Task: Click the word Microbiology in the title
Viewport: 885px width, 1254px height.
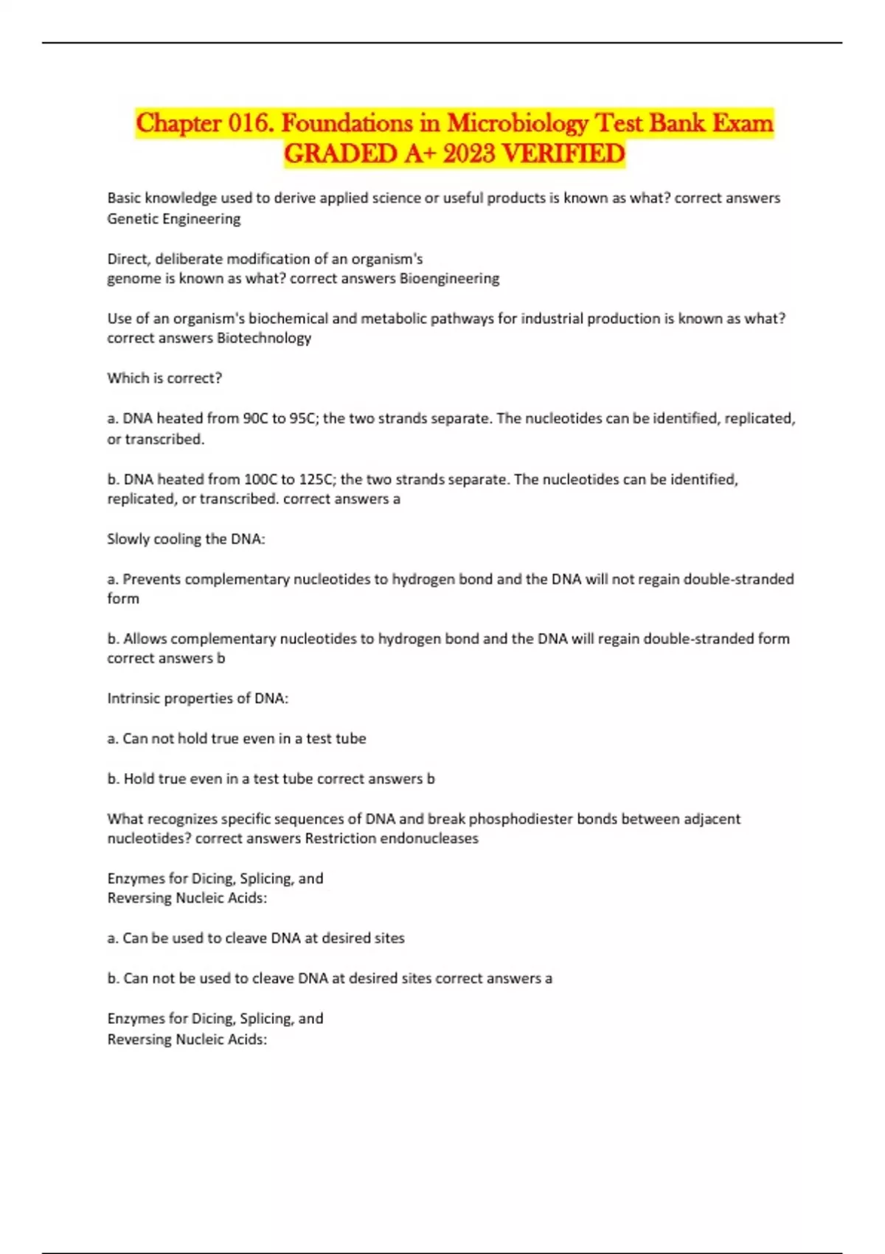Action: pyautogui.click(x=518, y=122)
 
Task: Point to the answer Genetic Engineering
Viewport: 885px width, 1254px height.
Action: pyautogui.click(x=174, y=218)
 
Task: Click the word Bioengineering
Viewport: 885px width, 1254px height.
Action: pyautogui.click(x=449, y=278)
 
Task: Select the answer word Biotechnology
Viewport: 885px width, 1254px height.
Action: pyautogui.click(x=264, y=338)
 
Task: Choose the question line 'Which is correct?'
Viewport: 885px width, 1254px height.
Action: pyautogui.click(x=164, y=378)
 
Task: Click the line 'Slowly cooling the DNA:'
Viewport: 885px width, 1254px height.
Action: pyautogui.click(x=186, y=538)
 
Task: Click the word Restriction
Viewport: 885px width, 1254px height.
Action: pyautogui.click(x=341, y=839)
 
